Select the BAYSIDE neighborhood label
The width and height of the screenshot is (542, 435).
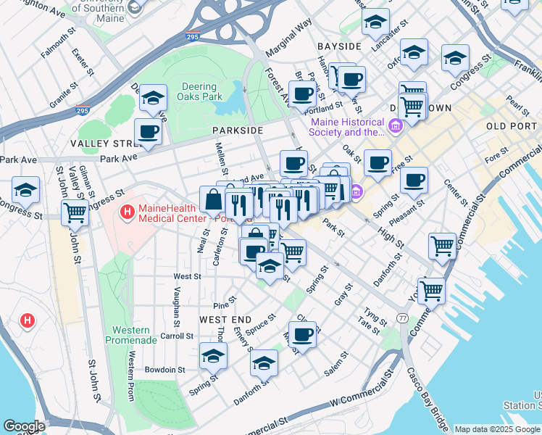tap(339, 46)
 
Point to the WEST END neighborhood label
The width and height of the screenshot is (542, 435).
tap(225, 320)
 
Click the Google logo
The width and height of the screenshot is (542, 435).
tap(23, 426)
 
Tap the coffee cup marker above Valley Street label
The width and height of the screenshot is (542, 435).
tap(148, 131)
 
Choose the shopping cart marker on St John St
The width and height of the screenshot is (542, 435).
tap(75, 212)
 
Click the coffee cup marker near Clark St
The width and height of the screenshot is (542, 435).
tap(302, 334)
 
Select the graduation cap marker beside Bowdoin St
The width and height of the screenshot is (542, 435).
tap(214, 355)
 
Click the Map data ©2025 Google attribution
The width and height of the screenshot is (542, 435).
tap(497, 429)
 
